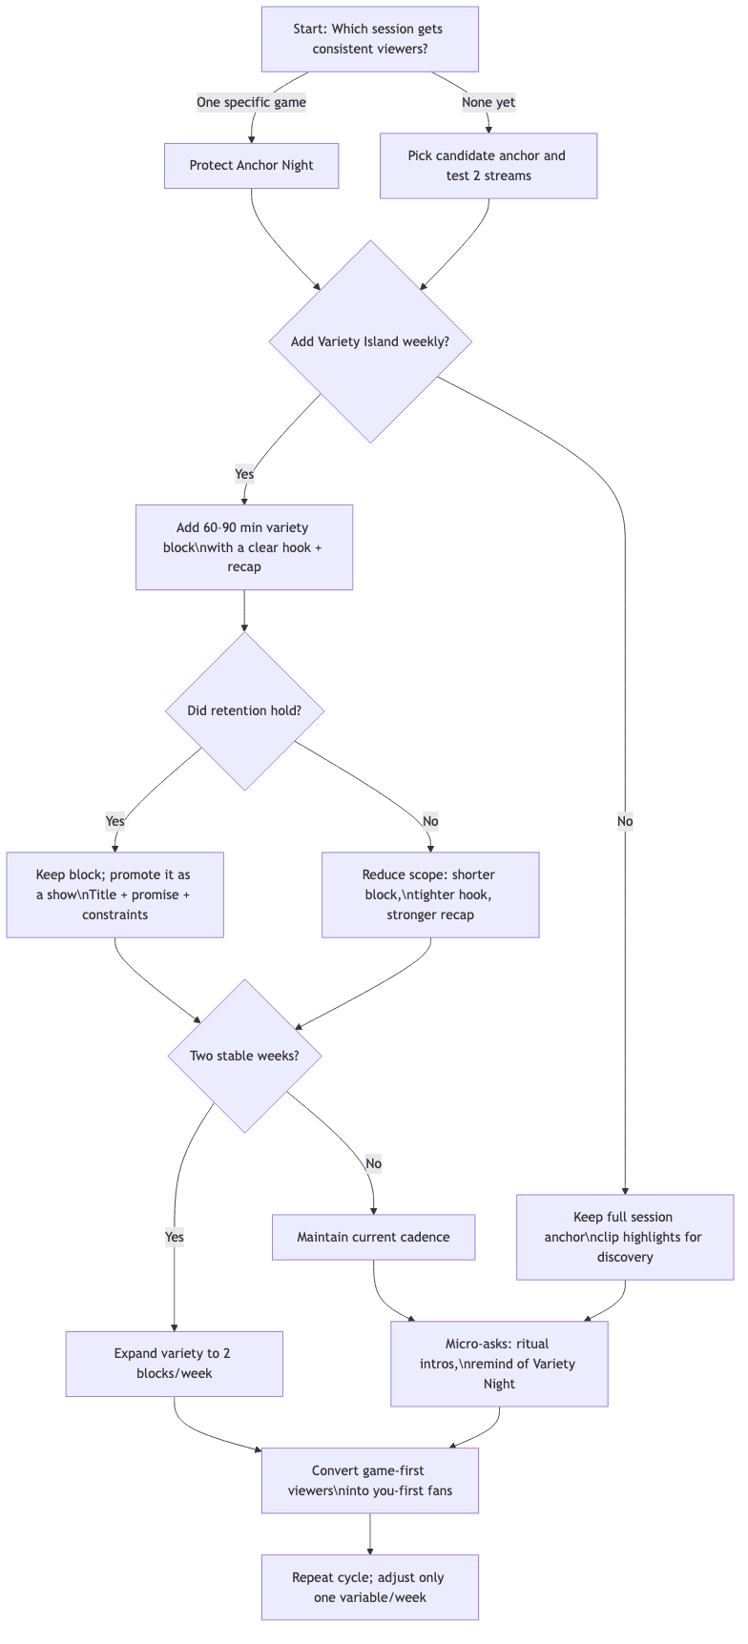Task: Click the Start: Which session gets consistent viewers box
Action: (x=369, y=39)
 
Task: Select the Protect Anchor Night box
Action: (x=251, y=165)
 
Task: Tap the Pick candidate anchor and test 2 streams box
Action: (x=488, y=166)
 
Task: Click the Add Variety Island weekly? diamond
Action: (x=370, y=341)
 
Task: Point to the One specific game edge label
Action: (x=251, y=102)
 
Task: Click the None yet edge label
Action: (x=488, y=102)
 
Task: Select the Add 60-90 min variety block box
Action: (x=244, y=547)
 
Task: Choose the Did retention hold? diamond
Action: (x=244, y=710)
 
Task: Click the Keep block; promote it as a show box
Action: (x=114, y=894)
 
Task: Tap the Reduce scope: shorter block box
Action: (x=430, y=894)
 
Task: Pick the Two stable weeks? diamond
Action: (x=244, y=1056)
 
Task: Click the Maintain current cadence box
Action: (x=373, y=1237)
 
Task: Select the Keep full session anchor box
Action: (x=624, y=1237)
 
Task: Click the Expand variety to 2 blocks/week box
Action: (x=174, y=1364)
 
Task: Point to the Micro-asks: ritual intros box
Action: (x=498, y=1364)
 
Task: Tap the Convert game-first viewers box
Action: (x=369, y=1480)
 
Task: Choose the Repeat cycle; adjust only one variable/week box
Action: (x=369, y=1587)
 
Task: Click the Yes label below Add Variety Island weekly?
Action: (x=244, y=474)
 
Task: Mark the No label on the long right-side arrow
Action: (x=624, y=821)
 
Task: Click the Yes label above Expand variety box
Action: (x=174, y=1237)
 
